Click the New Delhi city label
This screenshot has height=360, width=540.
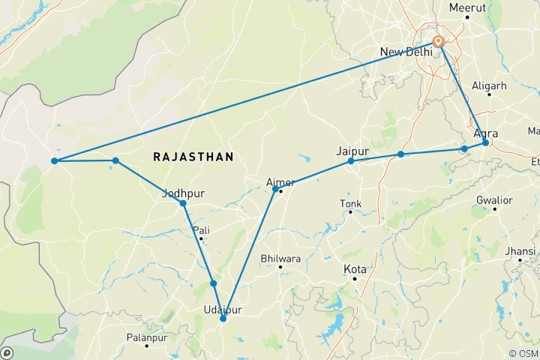click(406, 52)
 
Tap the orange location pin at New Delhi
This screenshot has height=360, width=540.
click(439, 42)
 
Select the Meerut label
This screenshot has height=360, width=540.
click(467, 8)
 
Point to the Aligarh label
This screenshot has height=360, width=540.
click(489, 86)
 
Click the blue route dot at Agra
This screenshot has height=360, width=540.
click(485, 142)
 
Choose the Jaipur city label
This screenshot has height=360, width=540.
click(352, 150)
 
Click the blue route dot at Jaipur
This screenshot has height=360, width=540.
click(351, 161)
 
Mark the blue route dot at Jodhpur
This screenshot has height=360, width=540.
click(183, 203)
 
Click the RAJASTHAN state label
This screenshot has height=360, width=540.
click(193, 157)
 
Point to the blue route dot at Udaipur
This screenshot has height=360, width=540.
click(223, 319)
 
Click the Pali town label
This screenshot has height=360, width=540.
click(200, 229)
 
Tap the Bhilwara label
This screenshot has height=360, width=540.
click(280, 259)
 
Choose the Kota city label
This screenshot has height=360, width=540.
click(354, 268)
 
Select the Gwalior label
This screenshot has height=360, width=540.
click(494, 200)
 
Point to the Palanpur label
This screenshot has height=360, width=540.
click(145, 339)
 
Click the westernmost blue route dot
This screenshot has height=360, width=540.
click(55, 160)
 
